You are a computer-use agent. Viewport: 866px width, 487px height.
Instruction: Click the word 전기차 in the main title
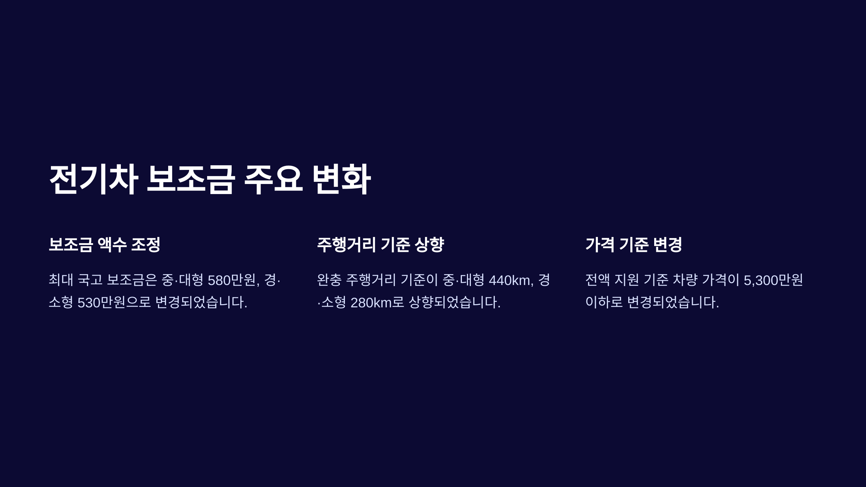[93, 179]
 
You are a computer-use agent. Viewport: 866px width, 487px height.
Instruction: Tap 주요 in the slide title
[273, 179]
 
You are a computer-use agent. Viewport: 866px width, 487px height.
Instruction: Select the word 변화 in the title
[341, 179]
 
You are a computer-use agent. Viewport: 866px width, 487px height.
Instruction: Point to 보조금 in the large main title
[191, 179]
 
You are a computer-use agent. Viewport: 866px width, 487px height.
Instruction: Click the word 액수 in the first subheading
[112, 245]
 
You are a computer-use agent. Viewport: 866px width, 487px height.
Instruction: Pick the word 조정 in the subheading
[145, 245]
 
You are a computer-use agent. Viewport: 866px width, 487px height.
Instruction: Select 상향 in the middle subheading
[429, 245]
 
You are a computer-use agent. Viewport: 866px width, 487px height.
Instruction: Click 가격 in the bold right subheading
[600, 245]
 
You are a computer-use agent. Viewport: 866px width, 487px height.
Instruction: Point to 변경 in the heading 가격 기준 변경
[668, 245]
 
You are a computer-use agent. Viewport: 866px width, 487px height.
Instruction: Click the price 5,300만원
[773, 280]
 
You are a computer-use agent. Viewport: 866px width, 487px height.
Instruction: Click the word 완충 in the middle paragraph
[329, 280]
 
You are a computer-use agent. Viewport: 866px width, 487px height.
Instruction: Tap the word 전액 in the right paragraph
[598, 280]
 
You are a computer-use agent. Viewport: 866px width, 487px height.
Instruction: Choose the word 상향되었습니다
[455, 302]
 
